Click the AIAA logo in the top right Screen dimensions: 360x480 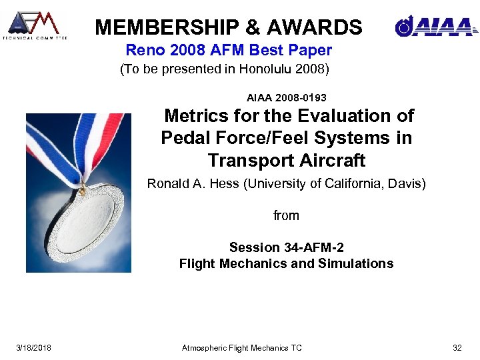(435, 26)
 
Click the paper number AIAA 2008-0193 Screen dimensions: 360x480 (287, 98)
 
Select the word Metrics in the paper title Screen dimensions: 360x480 (197, 116)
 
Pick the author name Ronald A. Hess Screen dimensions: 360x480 (193, 183)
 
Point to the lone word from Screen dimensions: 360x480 (286, 215)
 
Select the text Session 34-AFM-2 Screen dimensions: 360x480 (286, 247)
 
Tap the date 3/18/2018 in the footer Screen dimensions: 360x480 (34, 347)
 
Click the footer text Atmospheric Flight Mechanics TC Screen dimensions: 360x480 (242, 347)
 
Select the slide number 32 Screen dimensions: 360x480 (457, 347)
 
